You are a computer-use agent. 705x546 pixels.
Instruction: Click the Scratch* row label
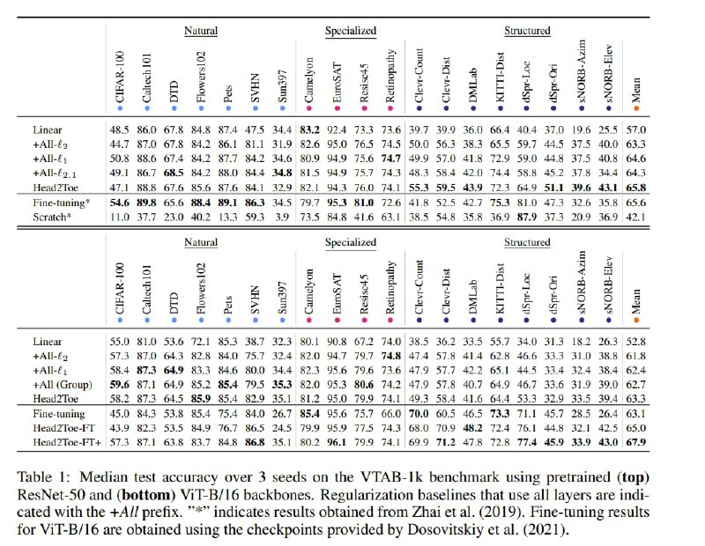52,217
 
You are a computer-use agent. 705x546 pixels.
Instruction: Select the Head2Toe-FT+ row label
67,442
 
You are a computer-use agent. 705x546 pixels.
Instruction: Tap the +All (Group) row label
63,385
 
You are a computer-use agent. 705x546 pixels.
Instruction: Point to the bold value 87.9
527,217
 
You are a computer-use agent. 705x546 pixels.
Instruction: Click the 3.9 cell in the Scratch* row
282,217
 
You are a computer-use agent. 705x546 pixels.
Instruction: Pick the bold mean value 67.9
635,442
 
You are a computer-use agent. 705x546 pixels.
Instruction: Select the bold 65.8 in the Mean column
635,188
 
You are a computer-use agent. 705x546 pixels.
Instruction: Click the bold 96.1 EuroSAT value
337,442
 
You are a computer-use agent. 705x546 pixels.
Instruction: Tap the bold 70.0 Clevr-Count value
419,413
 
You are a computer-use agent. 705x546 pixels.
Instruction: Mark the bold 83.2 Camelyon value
310,129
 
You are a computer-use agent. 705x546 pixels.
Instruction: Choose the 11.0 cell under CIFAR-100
120,217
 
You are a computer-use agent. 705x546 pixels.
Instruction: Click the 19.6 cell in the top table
582,129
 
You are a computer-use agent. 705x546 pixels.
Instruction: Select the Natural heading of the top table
201,31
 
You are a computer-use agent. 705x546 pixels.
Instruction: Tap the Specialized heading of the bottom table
351,242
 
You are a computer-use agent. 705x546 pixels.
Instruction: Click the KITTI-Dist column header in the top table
500,77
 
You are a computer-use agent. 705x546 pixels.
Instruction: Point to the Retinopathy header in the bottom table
390,287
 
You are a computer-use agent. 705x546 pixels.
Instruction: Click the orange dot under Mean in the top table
636,108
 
